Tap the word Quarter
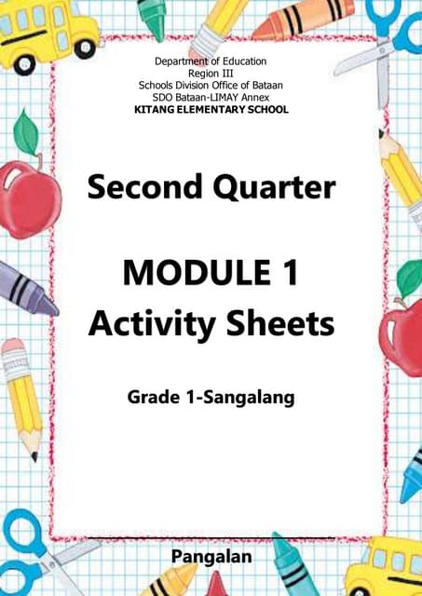(270, 189)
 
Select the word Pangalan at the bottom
(211, 558)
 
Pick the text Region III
(211, 74)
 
